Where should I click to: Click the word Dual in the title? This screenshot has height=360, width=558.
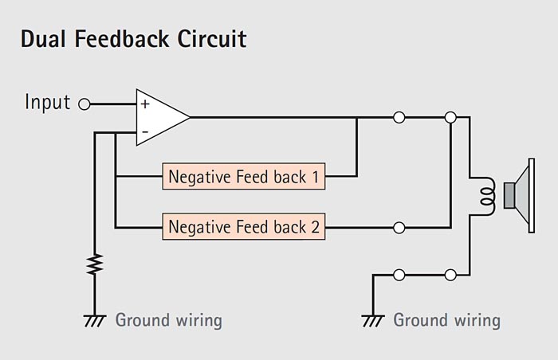43,39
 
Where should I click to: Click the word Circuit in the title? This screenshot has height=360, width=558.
212,39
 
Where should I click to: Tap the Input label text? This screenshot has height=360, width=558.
47,103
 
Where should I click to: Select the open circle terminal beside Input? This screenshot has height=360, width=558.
84,104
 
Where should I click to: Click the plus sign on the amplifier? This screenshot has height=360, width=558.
145,104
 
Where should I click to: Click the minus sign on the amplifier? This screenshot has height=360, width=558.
145,132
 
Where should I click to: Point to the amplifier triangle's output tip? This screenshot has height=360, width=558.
190,117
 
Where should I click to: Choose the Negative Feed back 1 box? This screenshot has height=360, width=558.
244,177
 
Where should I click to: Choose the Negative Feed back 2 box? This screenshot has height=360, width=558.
244,227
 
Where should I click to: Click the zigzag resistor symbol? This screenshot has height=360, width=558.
95,264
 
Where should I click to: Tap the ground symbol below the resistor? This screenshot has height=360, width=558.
95,320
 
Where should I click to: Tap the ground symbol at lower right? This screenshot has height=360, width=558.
373,320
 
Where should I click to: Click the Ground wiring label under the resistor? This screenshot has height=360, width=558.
169,320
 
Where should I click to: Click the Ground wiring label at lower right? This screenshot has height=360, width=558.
447,320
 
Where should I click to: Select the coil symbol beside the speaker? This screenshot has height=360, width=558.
487,196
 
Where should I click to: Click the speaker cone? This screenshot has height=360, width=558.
521,196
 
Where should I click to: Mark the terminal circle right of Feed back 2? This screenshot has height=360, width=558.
399,228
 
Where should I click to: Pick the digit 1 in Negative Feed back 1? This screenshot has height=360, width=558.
316,177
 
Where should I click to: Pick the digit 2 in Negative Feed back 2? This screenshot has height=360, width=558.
316,227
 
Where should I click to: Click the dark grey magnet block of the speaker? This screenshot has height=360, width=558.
509,195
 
